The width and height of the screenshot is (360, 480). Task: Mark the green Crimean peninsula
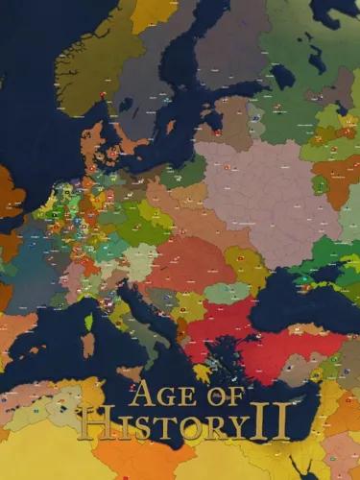305,281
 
